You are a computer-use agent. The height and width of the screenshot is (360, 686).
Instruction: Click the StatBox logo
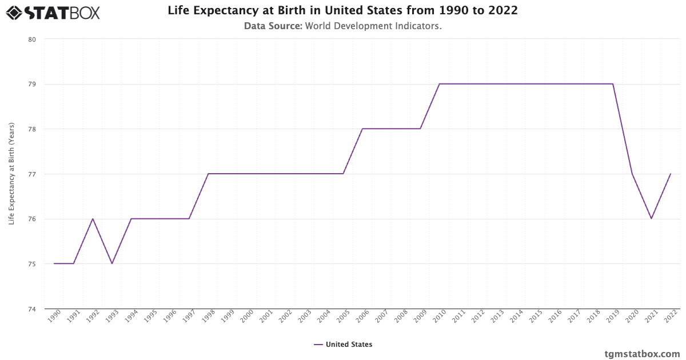coord(53,12)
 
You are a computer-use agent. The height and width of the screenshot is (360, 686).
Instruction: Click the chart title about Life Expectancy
coord(342,11)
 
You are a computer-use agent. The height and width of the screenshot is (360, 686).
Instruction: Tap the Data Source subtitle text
coord(342,26)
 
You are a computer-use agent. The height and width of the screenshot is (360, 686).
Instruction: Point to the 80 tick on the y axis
coord(32,39)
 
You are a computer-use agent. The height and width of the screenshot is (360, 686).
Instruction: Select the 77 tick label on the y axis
coord(32,174)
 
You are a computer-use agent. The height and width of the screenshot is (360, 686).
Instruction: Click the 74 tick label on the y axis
coord(32,309)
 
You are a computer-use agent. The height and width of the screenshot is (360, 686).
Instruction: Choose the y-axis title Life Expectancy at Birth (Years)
coord(12,174)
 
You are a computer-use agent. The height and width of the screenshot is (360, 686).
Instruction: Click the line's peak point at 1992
coord(93,219)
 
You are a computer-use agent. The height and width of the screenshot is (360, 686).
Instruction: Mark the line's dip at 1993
coord(112,263)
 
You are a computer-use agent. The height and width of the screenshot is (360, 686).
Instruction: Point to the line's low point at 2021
coord(651,219)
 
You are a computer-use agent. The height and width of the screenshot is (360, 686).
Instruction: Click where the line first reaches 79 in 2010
coord(439,84)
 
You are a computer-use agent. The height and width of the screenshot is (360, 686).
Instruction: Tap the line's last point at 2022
coord(671,174)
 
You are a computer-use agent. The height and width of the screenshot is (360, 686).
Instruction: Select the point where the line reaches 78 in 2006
coord(362,129)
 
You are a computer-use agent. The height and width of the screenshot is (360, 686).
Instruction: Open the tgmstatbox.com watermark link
coord(642,354)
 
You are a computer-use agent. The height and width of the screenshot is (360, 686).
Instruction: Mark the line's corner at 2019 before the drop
coord(613,84)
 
